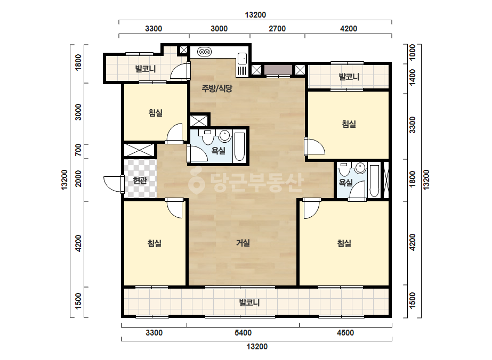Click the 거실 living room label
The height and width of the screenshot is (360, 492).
pyautogui.click(x=243, y=242)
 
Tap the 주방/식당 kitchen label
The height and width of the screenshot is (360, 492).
pyautogui.click(x=217, y=88)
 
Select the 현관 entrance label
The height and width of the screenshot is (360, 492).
pyautogui.click(x=140, y=181)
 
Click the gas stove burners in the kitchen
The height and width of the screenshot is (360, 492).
pyautogui.click(x=205, y=52)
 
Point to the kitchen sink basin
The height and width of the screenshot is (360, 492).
pyautogui.click(x=242, y=59)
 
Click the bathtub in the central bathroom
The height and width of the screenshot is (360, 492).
pyautogui.click(x=239, y=147)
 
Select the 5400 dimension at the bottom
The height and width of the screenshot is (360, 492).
pyautogui.click(x=243, y=333)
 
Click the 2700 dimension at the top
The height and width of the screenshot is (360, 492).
pyautogui.click(x=277, y=29)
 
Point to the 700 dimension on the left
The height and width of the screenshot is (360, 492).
pyautogui.click(x=78, y=150)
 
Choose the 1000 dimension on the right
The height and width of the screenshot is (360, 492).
pyautogui.click(x=412, y=53)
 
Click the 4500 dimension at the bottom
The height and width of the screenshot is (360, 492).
pyautogui.click(x=345, y=333)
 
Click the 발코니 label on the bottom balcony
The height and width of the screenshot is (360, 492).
pyautogui.click(x=249, y=302)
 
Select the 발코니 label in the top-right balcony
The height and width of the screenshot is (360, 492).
pyautogui.click(x=349, y=77)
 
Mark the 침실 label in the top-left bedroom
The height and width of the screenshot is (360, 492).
pyautogui.click(x=156, y=112)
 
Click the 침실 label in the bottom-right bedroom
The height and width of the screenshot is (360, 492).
pyautogui.click(x=344, y=243)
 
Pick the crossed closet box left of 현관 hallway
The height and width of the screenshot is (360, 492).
pyautogui.click(x=139, y=150)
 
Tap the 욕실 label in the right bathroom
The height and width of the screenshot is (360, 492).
pyautogui.click(x=346, y=183)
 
